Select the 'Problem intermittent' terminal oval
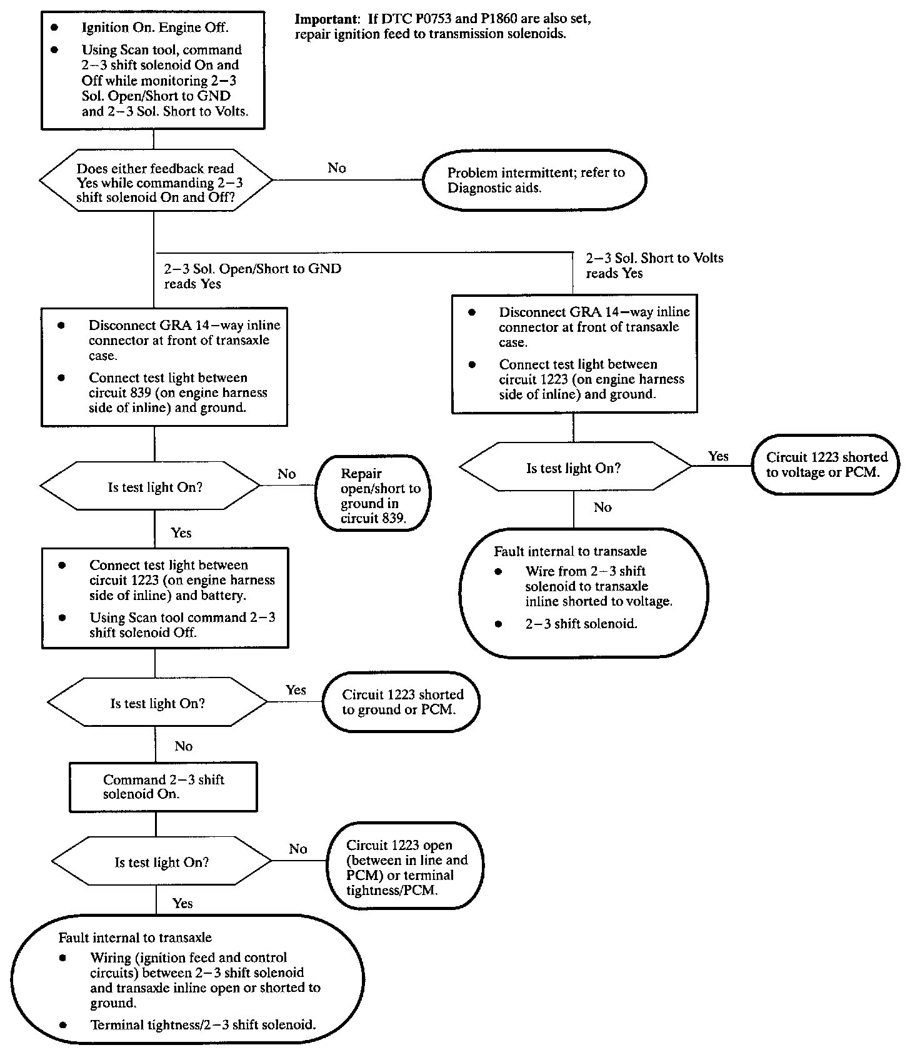coord(534,180)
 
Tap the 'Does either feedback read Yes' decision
coord(156,181)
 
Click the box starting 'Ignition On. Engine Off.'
coord(152,70)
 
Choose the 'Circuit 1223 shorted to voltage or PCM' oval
coord(826,464)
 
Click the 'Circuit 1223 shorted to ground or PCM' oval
coord(401,702)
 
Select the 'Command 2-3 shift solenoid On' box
coord(163,787)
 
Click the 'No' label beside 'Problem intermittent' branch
coord(337,168)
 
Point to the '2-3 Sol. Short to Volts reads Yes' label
coord(654,266)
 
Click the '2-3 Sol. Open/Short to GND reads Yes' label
coord(252,276)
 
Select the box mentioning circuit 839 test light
coord(164,367)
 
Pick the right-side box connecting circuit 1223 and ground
coord(574,354)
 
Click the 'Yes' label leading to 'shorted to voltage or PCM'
coord(718,456)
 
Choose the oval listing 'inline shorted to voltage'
coord(584,593)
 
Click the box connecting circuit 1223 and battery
coord(165,597)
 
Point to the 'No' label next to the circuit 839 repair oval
coord(287,474)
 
